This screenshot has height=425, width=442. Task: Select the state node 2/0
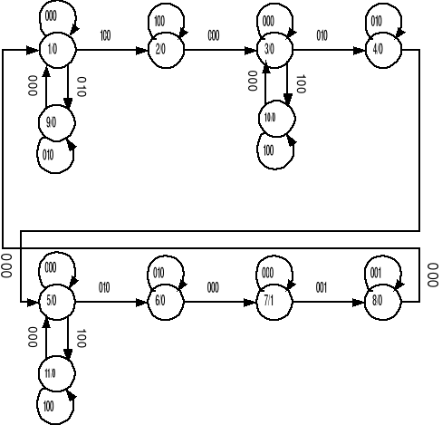tap(161, 49)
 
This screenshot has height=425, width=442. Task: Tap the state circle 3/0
tap(270, 49)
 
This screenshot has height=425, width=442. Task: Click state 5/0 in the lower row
tap(53, 300)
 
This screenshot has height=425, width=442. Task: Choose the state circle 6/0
tap(161, 300)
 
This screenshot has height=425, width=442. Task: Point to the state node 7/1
tap(270, 300)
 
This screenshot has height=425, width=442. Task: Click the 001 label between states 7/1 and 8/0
tap(322, 288)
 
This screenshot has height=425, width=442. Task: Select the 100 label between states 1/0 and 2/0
tap(105, 37)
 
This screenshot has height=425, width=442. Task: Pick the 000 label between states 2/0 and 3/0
tap(214, 37)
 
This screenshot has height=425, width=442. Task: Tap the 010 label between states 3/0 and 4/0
tap(322, 37)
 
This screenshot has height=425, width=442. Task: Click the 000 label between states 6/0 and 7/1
tap(214, 288)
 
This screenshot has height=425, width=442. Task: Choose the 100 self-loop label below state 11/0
tap(50, 404)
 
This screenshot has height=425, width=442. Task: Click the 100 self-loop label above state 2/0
tap(159, 19)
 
